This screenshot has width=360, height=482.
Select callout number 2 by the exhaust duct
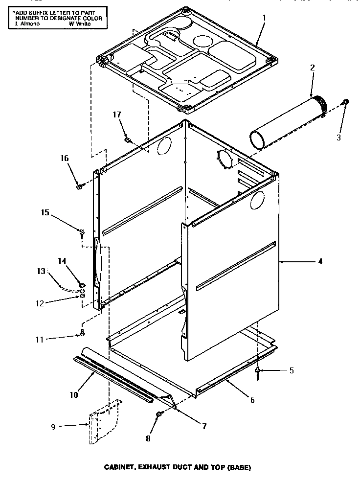(312, 67)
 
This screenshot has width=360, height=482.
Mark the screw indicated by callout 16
(79, 186)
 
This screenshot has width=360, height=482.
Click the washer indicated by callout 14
(82, 285)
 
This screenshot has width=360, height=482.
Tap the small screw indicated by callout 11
(82, 334)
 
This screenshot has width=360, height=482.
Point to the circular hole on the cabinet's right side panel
(257, 201)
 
